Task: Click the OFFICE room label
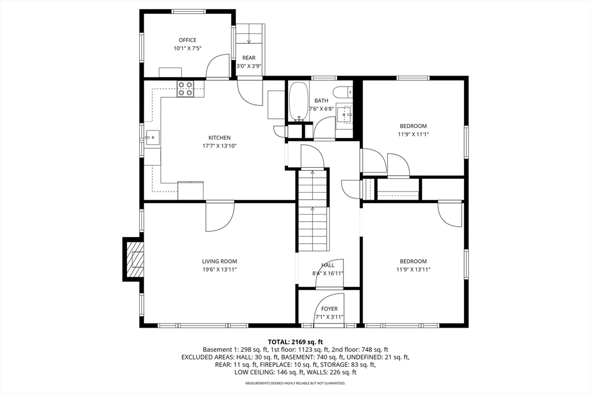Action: coord(188,40)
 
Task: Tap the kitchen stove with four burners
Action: coord(185,89)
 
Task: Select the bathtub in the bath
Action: coord(298,102)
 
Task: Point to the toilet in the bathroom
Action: coord(343,92)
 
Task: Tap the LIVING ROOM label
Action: coord(219,261)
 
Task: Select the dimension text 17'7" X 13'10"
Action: coord(219,146)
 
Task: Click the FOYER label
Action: coord(330,309)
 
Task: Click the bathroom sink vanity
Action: coord(345,115)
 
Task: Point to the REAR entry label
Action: coord(249,58)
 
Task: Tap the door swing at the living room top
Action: coord(220,216)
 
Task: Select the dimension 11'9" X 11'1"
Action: coord(413,134)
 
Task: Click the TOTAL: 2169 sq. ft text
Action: coord(295,342)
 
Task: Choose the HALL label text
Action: coord(328,265)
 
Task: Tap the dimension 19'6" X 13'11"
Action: coord(219,269)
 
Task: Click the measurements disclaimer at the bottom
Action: coord(295,383)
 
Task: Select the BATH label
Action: coord(321,101)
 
